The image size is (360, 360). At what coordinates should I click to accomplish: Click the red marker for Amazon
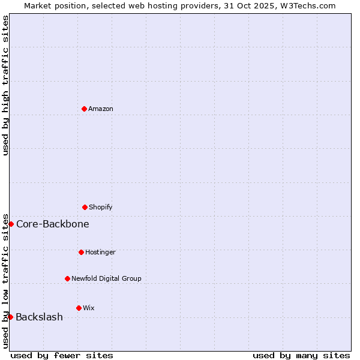tap(84, 109)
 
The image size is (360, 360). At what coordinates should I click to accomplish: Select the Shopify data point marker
tap(85, 207)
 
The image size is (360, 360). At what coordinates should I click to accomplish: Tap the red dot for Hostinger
tap(81, 252)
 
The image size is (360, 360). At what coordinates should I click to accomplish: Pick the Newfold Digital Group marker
tap(67, 278)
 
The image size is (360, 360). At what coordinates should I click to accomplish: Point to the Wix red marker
tap(79, 308)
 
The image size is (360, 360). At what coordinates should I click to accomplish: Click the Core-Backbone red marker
tap(11, 224)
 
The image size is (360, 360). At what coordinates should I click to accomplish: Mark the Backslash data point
tap(10, 317)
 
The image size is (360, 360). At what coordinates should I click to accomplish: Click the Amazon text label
tap(101, 109)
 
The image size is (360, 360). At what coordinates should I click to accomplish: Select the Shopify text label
tap(101, 207)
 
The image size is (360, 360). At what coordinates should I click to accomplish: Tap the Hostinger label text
tap(100, 252)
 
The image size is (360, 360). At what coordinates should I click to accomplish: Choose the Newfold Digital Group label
tap(106, 278)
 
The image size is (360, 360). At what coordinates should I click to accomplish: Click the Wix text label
tap(89, 308)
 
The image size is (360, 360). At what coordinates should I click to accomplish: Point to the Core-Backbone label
tap(53, 224)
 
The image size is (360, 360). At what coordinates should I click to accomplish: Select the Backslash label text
tap(40, 317)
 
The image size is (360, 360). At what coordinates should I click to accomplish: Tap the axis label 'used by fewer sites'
tap(62, 355)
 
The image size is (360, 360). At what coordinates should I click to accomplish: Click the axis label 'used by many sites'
tap(301, 355)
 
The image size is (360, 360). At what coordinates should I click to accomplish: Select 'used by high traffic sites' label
tap(5, 85)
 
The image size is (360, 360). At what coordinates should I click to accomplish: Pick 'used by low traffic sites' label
tap(5, 280)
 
